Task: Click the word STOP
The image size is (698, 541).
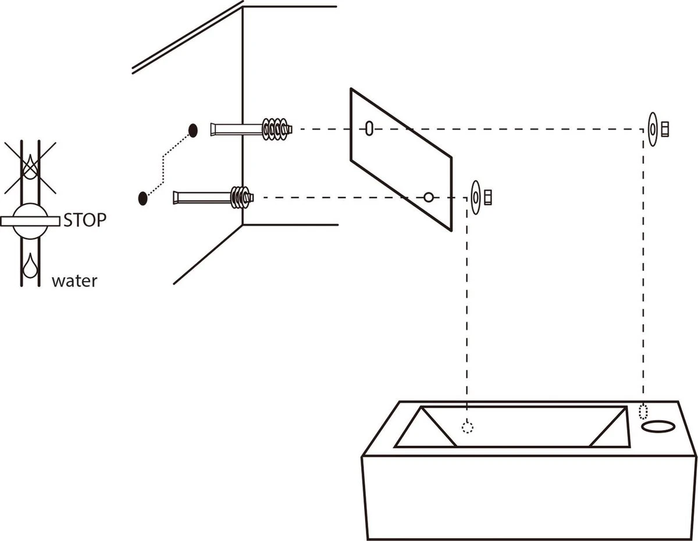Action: coord(85,220)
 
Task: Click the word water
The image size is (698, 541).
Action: coord(74,281)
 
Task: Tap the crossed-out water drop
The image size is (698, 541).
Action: coord(30,166)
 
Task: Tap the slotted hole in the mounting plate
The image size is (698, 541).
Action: coord(369,128)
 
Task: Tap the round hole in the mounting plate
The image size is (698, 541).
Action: coord(428,197)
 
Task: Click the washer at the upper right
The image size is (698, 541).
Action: coord(653,128)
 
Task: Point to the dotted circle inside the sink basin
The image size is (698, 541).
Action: coord(467,427)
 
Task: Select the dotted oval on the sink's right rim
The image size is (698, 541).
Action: coord(643,411)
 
